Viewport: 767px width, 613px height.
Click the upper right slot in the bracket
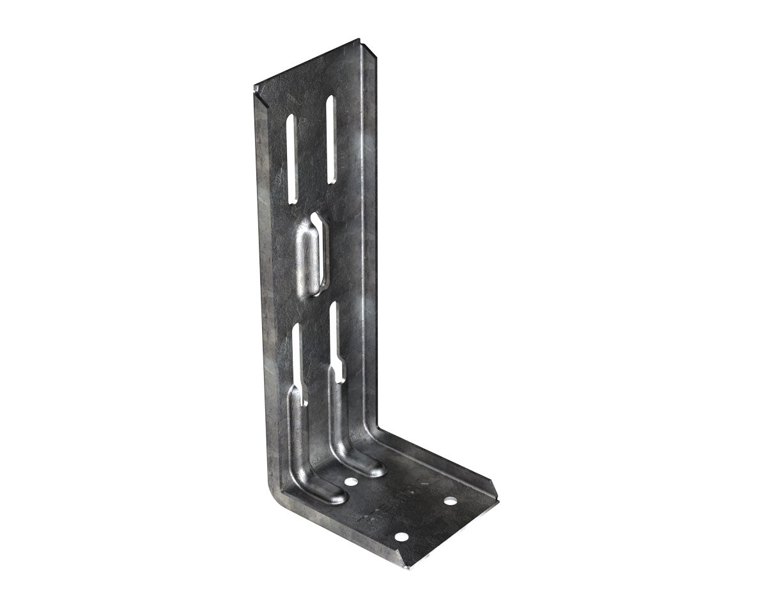point(330,139)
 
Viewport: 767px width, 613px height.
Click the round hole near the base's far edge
point(451,501)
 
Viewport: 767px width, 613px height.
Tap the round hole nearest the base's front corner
point(401,537)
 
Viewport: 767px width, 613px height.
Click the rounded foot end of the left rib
point(332,496)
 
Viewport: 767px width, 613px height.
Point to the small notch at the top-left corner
point(257,96)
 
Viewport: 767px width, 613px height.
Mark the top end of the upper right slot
point(330,100)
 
